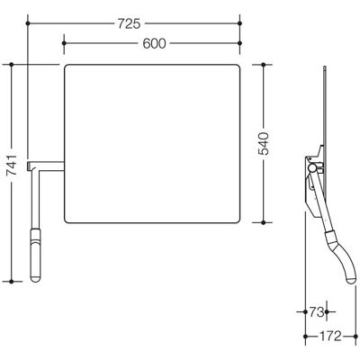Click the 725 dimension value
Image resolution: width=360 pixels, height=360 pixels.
click(x=129, y=23)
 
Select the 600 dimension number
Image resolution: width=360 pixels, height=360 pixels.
click(x=154, y=44)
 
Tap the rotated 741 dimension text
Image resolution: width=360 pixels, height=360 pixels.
click(x=13, y=165)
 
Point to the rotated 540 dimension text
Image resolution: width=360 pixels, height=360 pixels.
click(x=264, y=144)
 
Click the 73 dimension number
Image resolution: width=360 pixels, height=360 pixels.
click(x=317, y=312)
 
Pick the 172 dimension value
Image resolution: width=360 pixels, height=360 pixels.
click(x=329, y=337)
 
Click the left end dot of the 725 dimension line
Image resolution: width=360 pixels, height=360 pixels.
click(x=28, y=23)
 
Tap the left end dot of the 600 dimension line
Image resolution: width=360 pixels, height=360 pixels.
click(x=64, y=43)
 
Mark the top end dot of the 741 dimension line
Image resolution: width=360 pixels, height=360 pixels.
click(x=12, y=65)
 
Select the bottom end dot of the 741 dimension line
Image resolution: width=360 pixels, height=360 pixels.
click(x=12, y=282)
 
